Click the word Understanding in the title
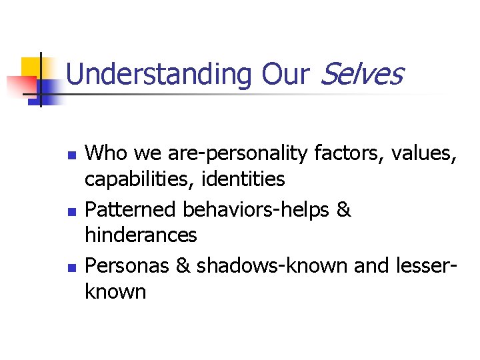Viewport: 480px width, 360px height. coord(159,75)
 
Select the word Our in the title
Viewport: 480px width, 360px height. coord(286,75)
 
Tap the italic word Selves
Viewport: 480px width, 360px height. coord(362,75)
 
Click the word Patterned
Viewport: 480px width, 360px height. coord(131,209)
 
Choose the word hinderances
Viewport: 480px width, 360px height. coord(141,235)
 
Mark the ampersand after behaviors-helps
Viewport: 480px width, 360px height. coord(344,209)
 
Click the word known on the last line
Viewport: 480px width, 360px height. coord(115,291)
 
